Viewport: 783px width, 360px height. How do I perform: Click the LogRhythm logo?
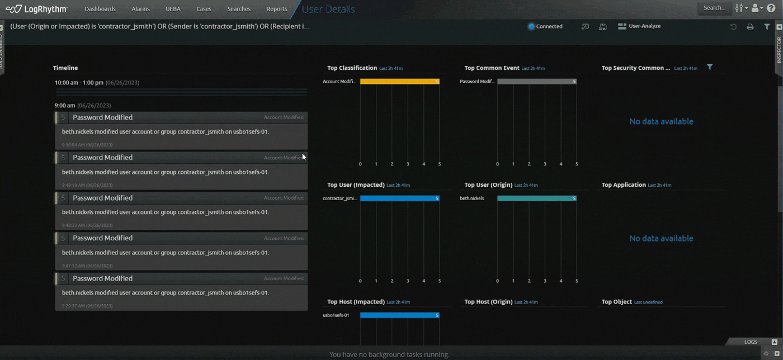[36, 9]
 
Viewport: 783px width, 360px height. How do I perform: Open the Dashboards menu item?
[100, 9]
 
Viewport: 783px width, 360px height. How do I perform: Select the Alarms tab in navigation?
[140, 9]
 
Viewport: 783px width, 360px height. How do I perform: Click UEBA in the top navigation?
[173, 9]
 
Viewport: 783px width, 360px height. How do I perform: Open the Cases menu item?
[204, 9]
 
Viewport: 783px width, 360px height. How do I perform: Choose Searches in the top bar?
[239, 9]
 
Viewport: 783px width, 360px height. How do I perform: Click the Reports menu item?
[276, 9]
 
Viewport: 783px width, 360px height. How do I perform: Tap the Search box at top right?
[714, 8]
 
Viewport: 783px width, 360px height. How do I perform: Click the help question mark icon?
[771, 8]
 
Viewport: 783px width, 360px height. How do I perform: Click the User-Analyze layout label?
[644, 26]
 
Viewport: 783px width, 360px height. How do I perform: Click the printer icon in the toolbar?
[750, 27]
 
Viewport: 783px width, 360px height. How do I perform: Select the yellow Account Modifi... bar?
[399, 82]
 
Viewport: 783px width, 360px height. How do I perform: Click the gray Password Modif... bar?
[536, 82]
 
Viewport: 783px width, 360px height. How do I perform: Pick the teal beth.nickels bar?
[536, 198]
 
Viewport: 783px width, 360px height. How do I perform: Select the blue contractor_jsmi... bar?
[399, 198]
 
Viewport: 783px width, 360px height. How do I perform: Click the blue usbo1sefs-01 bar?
[399, 315]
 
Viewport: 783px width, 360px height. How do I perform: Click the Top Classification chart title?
[352, 68]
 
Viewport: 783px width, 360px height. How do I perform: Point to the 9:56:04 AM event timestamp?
[87, 145]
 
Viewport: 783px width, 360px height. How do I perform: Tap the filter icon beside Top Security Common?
[709, 68]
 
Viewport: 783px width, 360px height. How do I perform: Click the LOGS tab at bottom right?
[751, 342]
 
